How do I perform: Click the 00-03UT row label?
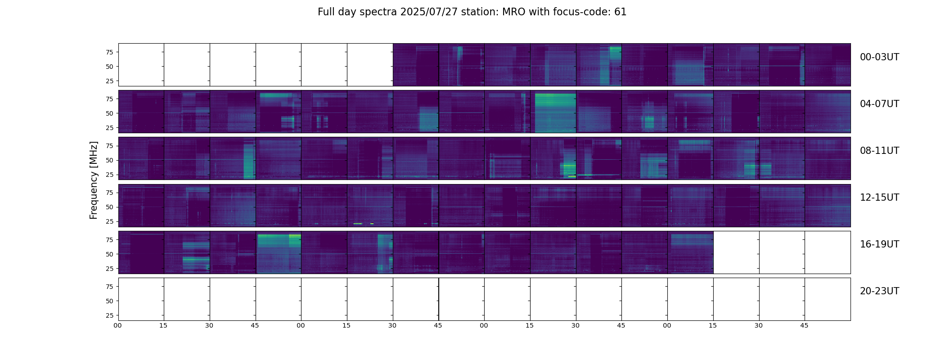pyautogui.click(x=879, y=57)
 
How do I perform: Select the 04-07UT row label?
pyautogui.click(x=879, y=104)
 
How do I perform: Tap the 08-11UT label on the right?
pyautogui.click(x=879, y=151)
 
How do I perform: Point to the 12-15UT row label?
pyautogui.click(x=879, y=198)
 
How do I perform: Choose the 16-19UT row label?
pyautogui.click(x=879, y=244)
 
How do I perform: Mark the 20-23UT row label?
pyautogui.click(x=879, y=291)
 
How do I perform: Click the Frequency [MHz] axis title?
pyautogui.click(x=94, y=180)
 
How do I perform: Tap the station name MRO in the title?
pyautogui.click(x=508, y=12)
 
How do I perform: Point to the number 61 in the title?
pyautogui.click(x=620, y=12)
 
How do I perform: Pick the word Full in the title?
pyautogui.click(x=326, y=12)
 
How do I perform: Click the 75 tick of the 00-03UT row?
pyautogui.click(x=109, y=52)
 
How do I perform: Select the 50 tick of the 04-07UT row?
pyautogui.click(x=109, y=113)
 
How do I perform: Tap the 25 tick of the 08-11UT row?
pyautogui.click(x=109, y=175)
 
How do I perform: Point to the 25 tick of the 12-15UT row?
pyautogui.click(x=109, y=221)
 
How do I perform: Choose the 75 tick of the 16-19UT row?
pyautogui.click(x=109, y=240)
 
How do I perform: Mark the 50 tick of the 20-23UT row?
pyautogui.click(x=109, y=301)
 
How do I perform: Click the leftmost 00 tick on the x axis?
pyautogui.click(x=118, y=325)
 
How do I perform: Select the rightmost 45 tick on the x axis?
pyautogui.click(x=804, y=325)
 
